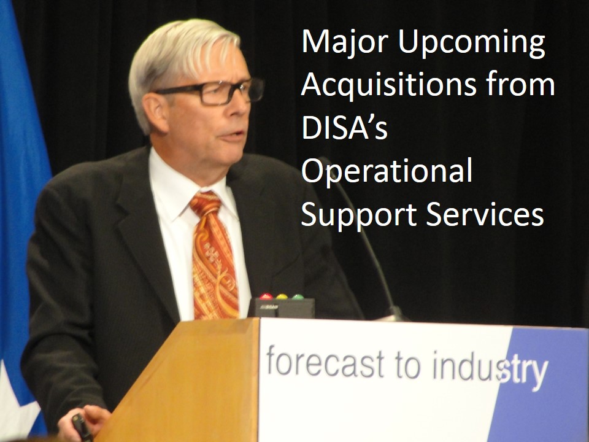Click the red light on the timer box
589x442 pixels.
[x=266, y=297]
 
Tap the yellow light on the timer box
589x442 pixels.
[x=282, y=297]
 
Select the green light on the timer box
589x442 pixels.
[x=298, y=297]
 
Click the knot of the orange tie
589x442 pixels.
[x=206, y=203]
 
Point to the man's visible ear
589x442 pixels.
[x=155, y=112]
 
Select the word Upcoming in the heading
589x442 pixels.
[x=471, y=44]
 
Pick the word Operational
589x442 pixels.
[x=387, y=171]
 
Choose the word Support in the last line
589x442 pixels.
[x=359, y=215]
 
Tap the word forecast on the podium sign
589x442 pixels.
[x=325, y=362]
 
